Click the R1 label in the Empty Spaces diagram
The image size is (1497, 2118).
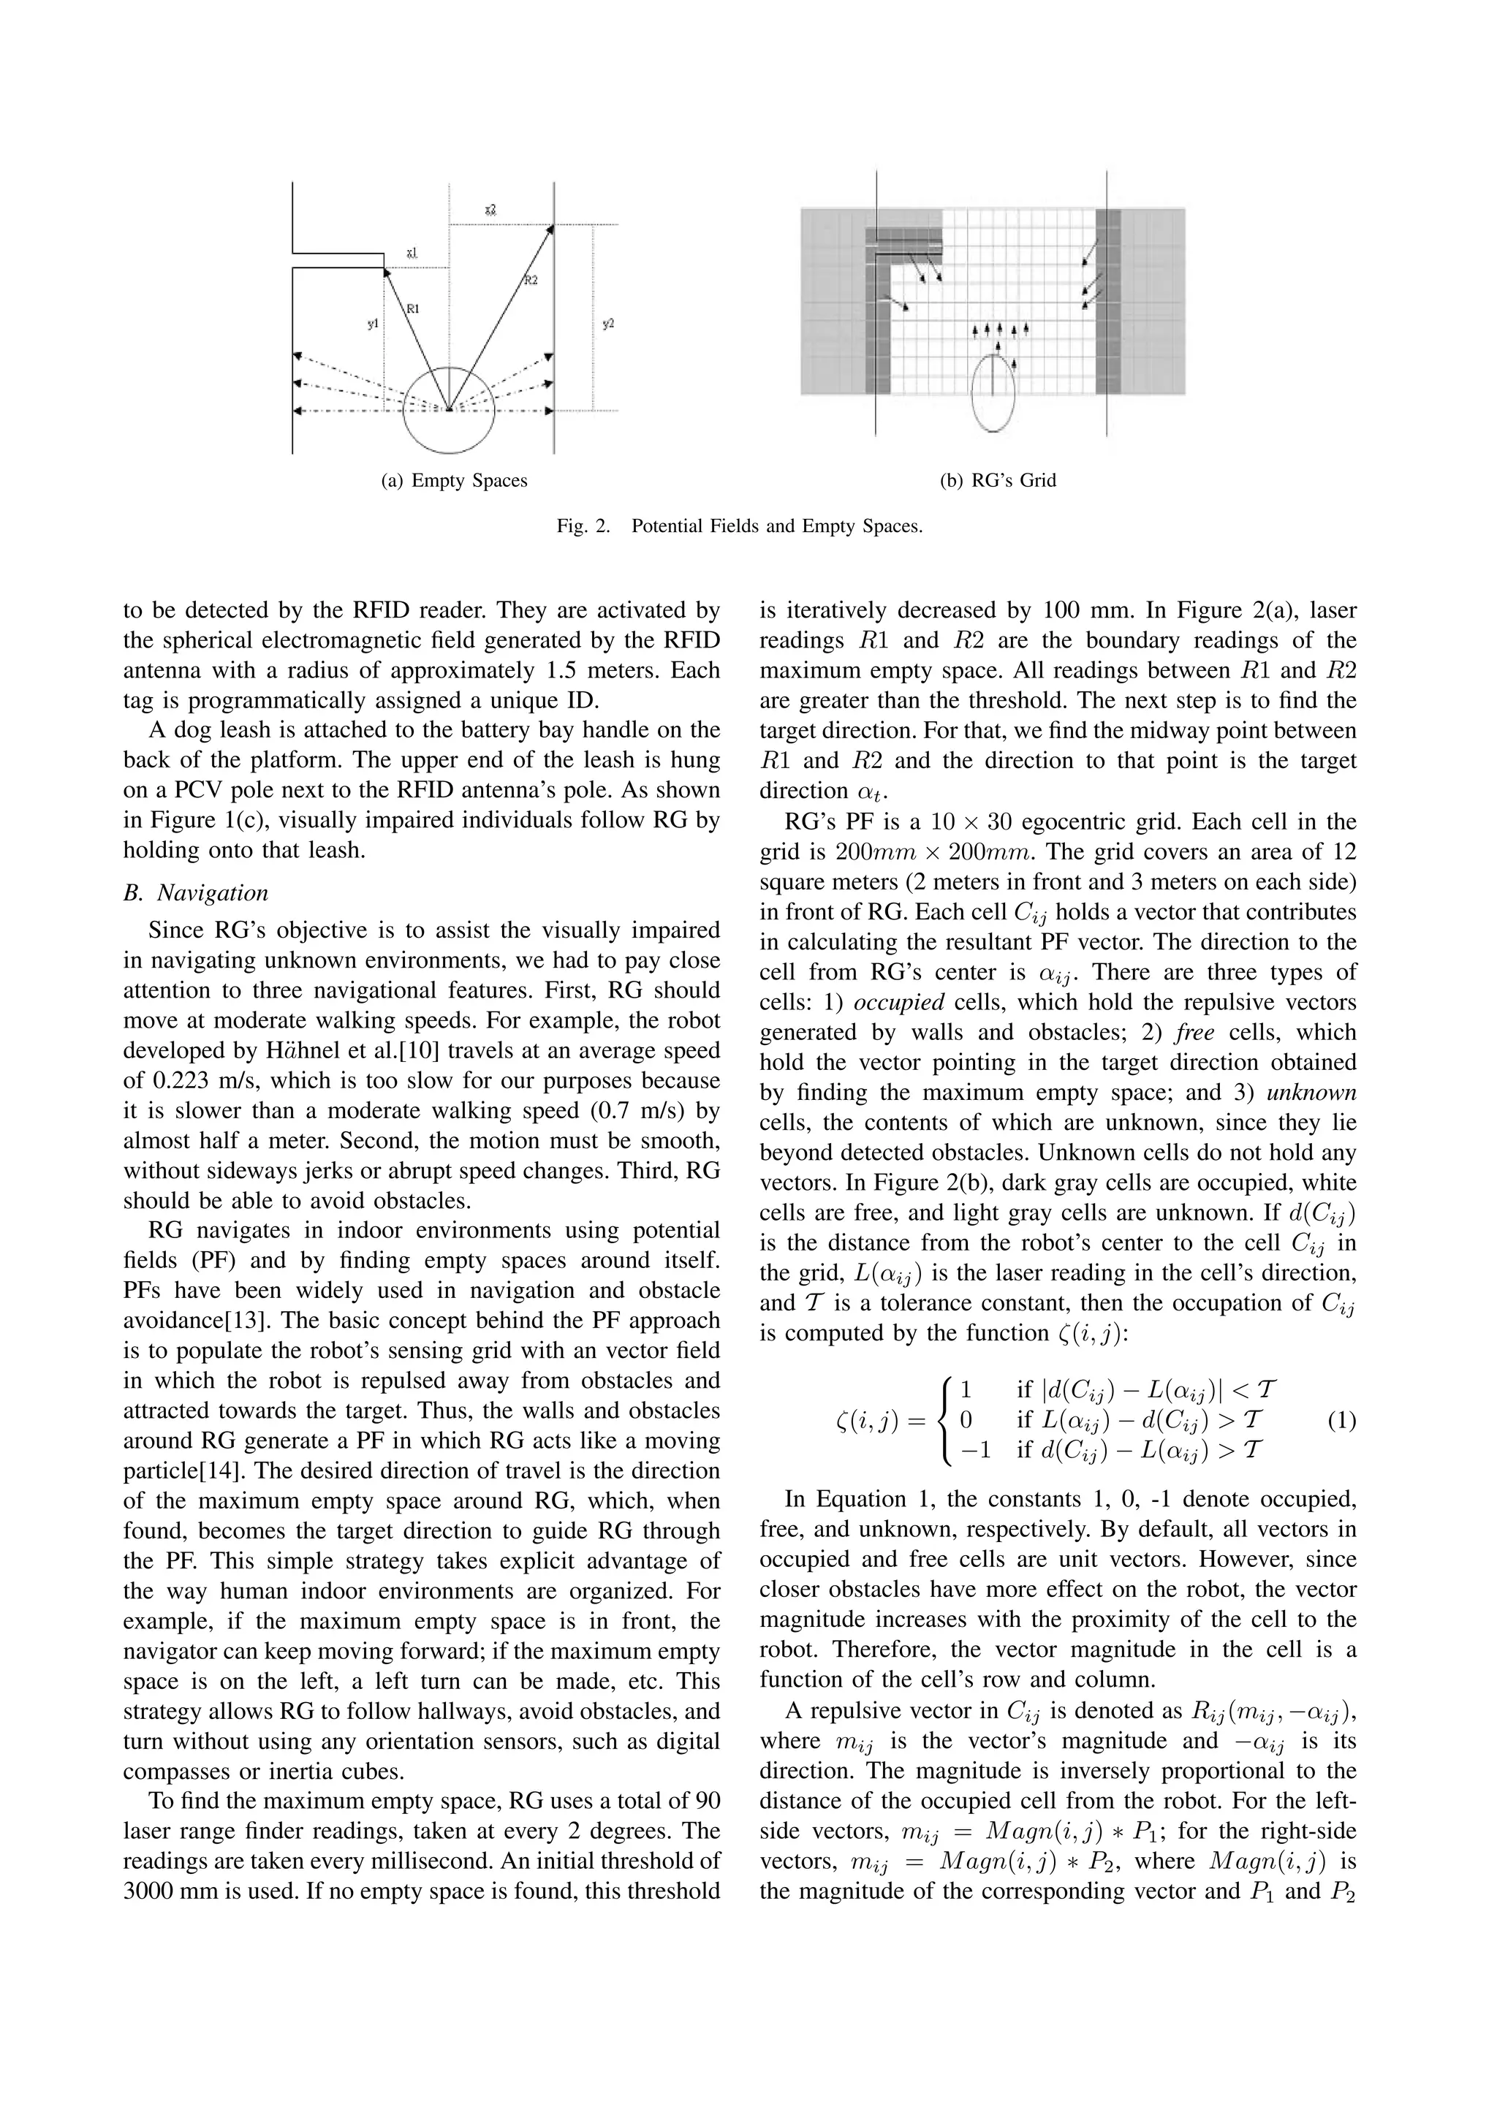(x=412, y=309)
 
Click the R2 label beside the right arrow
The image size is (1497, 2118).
(x=531, y=281)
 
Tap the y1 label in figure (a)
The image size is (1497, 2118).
(x=372, y=324)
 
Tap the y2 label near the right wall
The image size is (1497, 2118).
(x=609, y=324)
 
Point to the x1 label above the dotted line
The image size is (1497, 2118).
(x=412, y=252)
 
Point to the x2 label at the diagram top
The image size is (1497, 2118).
(x=490, y=211)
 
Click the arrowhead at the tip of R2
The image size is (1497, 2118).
(x=550, y=228)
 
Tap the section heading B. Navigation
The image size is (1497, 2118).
(x=196, y=893)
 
